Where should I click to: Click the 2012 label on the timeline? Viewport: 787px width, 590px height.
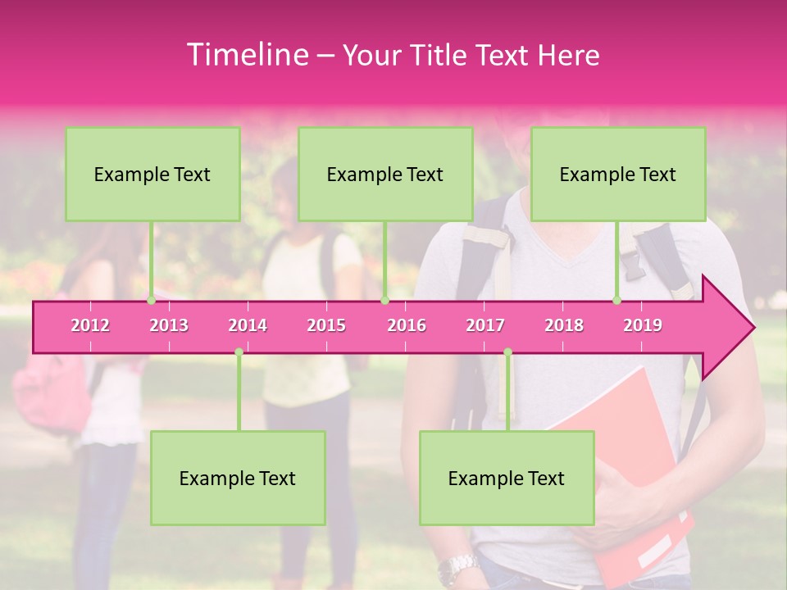pos(90,325)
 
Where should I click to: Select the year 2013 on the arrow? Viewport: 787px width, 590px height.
pos(169,325)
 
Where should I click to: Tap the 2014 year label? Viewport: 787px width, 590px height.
pos(248,325)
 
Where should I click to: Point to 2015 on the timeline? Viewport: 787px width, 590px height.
pos(326,325)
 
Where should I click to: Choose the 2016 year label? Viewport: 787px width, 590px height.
pos(407,325)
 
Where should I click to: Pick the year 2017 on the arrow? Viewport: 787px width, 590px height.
pos(485,325)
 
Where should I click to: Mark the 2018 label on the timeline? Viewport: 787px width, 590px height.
pos(564,325)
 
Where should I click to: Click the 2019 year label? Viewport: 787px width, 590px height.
pos(643,325)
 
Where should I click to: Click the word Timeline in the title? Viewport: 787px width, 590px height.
pos(246,55)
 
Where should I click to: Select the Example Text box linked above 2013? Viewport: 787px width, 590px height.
pos(152,174)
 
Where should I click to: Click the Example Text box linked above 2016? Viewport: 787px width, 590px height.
pos(385,174)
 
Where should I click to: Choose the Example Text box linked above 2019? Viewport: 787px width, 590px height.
pos(618,174)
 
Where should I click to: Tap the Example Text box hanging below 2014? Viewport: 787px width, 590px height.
pos(238,478)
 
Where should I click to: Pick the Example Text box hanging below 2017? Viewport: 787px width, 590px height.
pos(507,478)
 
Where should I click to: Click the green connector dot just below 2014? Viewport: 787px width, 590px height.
pos(239,352)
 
